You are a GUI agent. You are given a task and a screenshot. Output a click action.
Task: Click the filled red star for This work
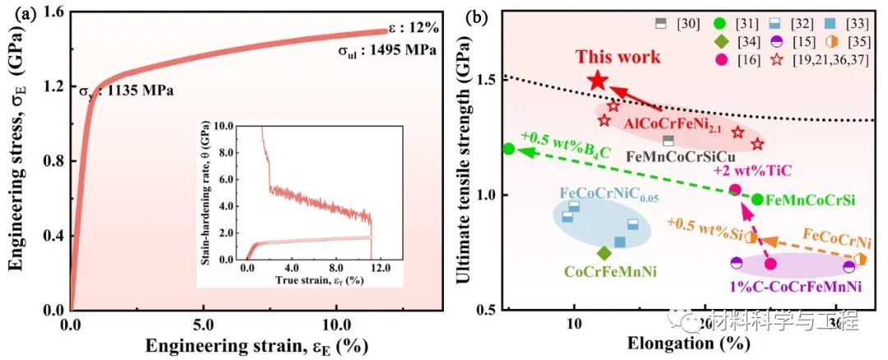tap(598, 81)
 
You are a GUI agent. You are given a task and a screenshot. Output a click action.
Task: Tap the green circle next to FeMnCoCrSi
tap(757, 199)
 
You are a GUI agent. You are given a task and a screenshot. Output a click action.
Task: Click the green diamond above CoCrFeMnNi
tap(604, 253)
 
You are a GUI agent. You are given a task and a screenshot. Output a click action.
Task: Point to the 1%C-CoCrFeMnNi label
tap(796, 286)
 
